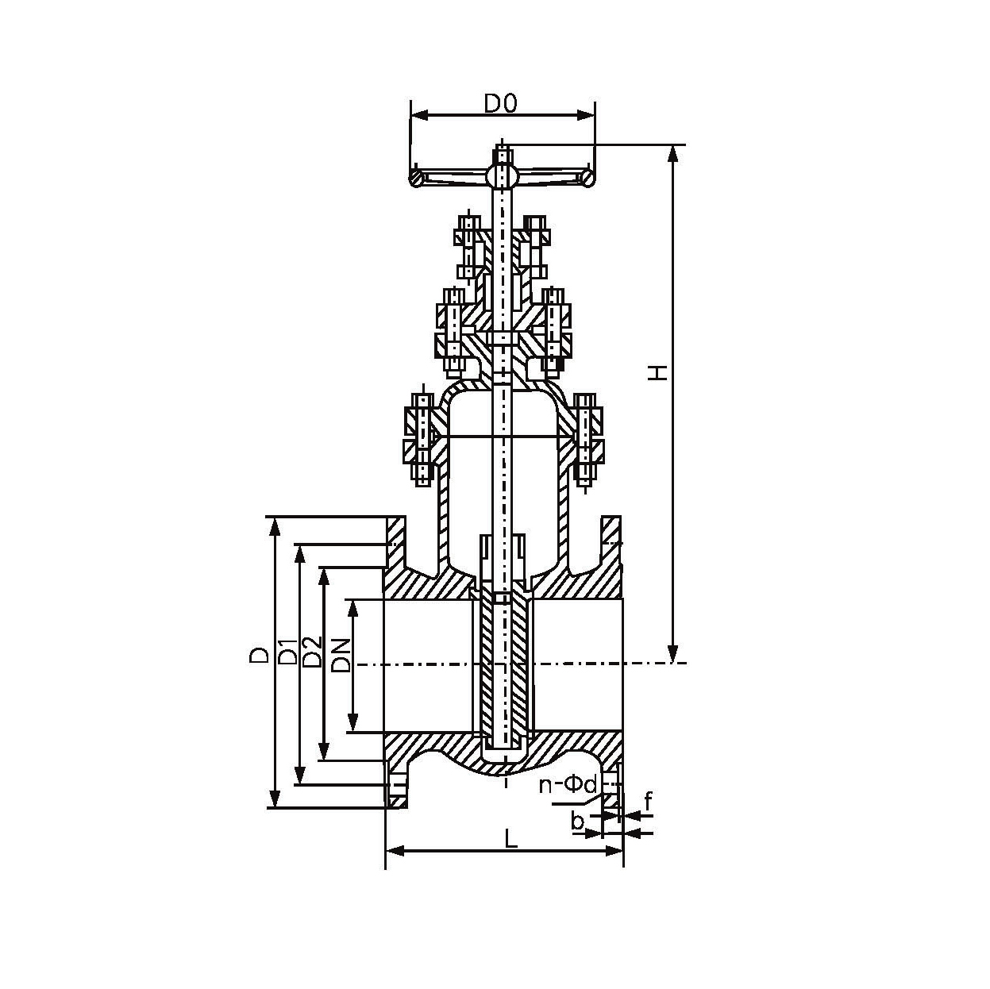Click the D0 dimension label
pyautogui.click(x=500, y=104)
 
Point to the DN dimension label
pyautogui.click(x=341, y=656)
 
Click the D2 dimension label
pyautogui.click(x=312, y=652)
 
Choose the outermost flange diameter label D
pyautogui.click(x=259, y=655)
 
